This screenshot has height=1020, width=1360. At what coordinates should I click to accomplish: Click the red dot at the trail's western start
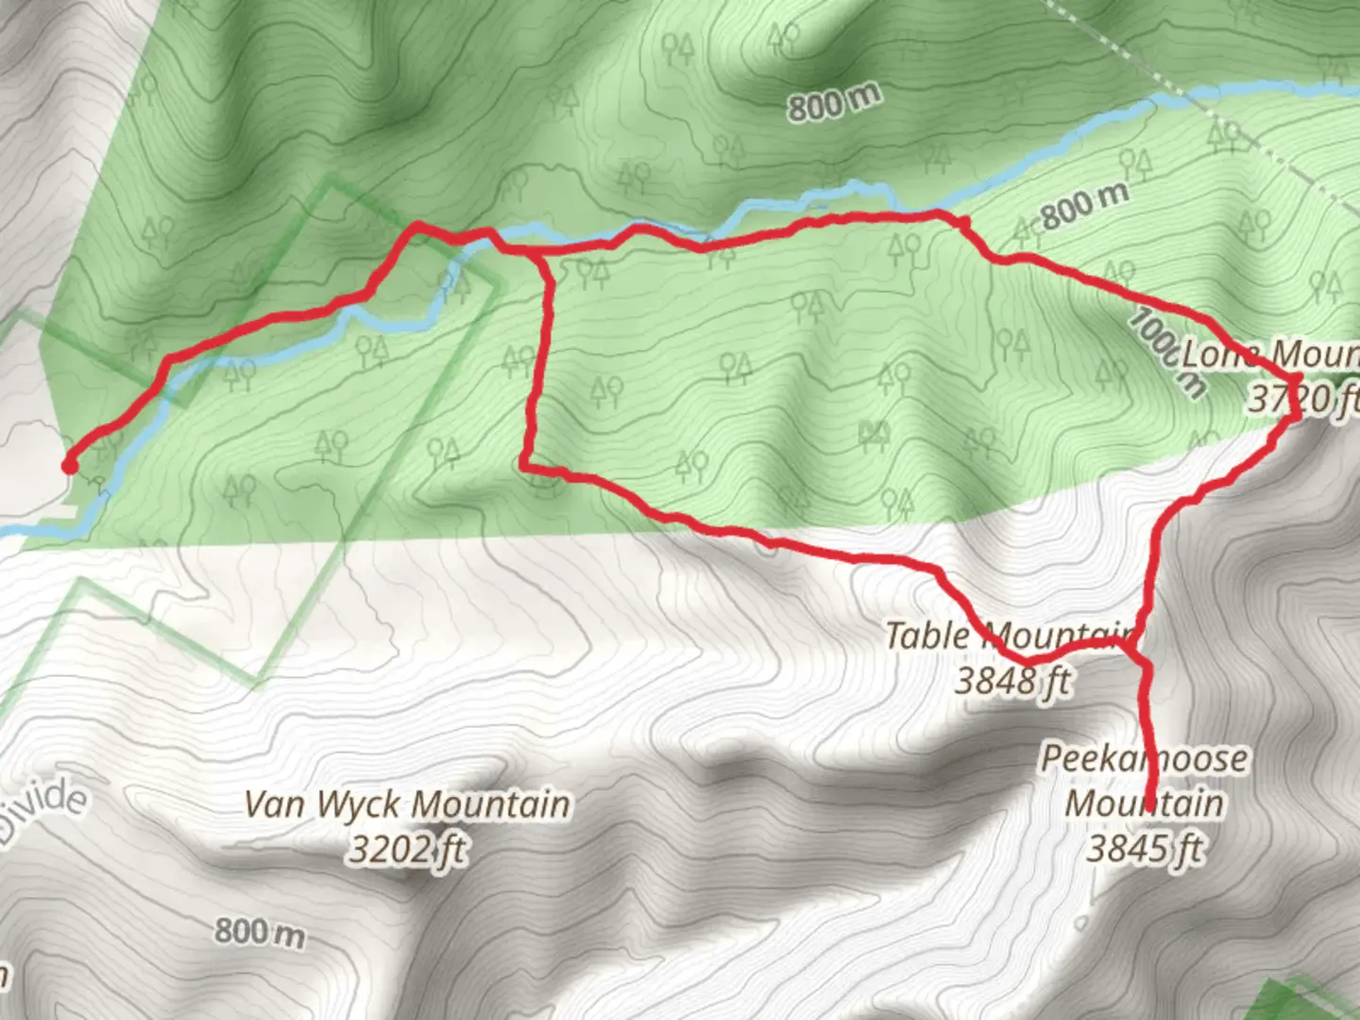pos(69,465)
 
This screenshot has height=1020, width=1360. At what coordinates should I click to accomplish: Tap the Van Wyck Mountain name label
pos(407,805)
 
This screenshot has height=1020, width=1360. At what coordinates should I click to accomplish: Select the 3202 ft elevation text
pos(407,850)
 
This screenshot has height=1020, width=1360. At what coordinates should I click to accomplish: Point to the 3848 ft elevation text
pos(1012,680)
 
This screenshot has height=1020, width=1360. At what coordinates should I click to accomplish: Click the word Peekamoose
pos(1144,758)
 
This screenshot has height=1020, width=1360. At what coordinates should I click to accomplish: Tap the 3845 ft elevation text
pos(1145,848)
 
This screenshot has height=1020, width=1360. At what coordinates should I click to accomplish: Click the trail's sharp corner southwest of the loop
pos(524,465)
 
